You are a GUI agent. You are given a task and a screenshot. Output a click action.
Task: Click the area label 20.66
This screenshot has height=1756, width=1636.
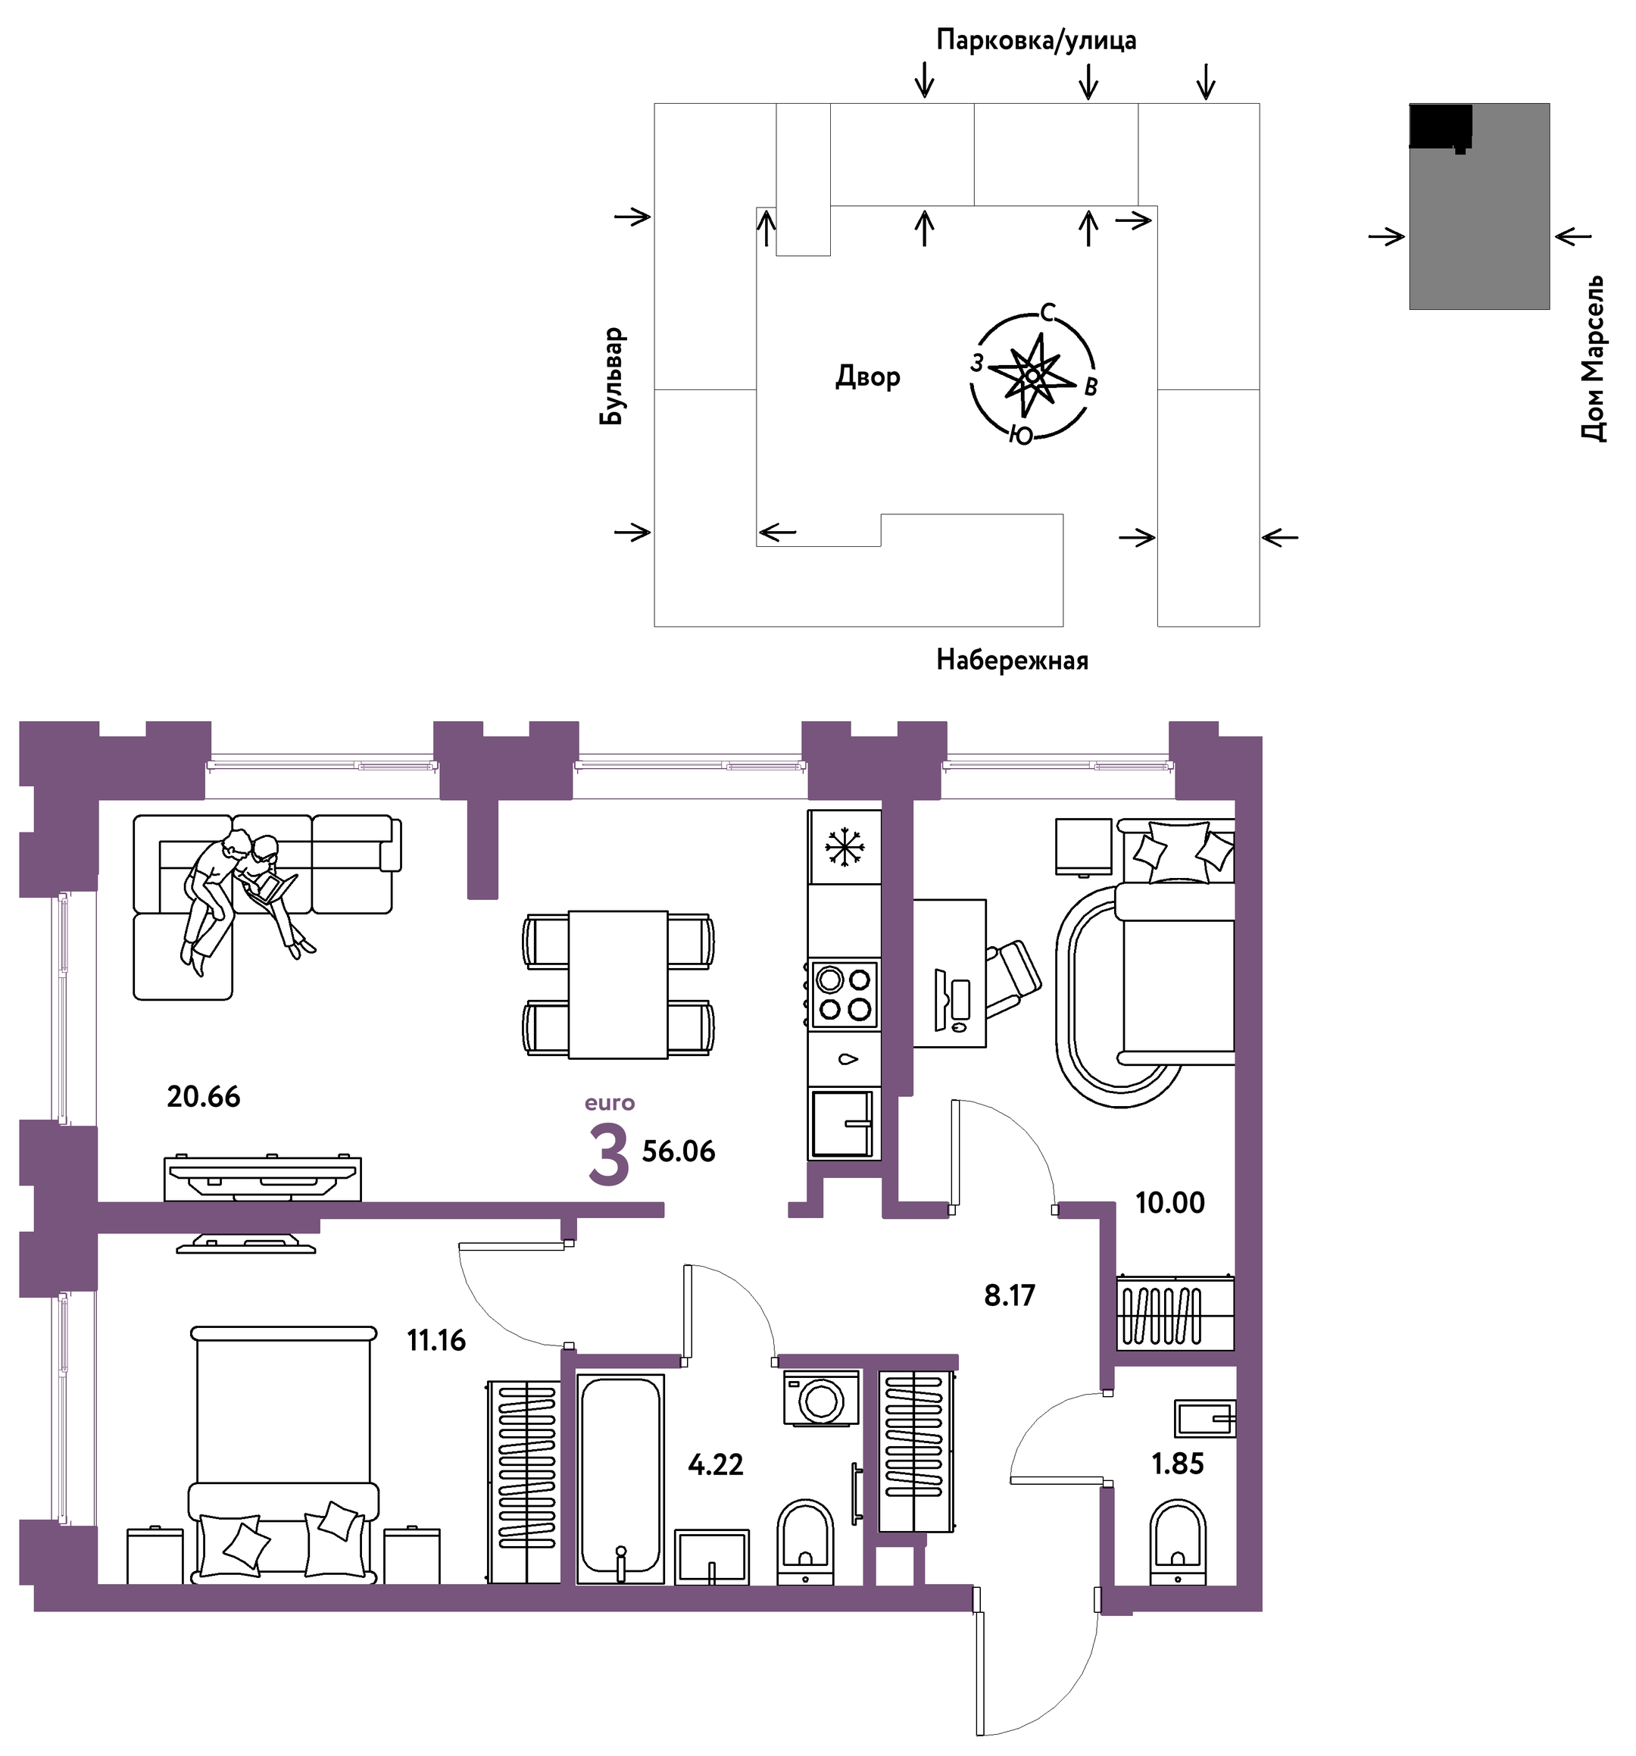tap(203, 1096)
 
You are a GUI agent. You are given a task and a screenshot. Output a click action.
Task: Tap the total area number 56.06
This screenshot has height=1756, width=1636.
tap(679, 1151)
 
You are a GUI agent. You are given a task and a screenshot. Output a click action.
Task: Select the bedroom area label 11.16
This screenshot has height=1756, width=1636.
tap(436, 1340)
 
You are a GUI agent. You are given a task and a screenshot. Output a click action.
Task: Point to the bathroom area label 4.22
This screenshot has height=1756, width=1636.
tap(716, 1464)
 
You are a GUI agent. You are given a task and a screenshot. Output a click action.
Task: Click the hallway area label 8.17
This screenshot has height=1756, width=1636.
tap(1009, 1296)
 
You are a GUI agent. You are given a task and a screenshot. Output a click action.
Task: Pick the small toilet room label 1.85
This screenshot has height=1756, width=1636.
tap(1178, 1464)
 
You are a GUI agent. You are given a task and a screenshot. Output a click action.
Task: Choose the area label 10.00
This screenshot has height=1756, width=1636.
tap(1169, 1202)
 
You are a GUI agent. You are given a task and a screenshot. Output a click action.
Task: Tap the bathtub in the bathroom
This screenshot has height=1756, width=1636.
tap(620, 1478)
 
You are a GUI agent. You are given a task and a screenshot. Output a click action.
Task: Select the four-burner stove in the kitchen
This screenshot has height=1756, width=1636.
tap(845, 994)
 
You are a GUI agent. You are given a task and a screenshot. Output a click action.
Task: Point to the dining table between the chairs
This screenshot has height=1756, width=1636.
tap(617, 984)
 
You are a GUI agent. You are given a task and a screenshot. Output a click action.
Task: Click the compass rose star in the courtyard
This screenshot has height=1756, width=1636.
tap(1030, 377)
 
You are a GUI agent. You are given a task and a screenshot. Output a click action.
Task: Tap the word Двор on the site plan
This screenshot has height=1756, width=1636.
tap(867, 378)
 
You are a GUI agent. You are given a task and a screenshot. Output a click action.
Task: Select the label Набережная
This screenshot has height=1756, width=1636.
tap(1013, 660)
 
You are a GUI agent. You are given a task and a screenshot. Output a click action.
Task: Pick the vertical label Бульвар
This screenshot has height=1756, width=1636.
tap(611, 377)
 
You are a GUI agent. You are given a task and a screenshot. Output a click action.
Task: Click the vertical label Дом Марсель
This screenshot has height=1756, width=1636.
tap(1593, 358)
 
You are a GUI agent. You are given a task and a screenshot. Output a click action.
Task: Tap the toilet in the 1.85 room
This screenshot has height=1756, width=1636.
tap(1178, 1542)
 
